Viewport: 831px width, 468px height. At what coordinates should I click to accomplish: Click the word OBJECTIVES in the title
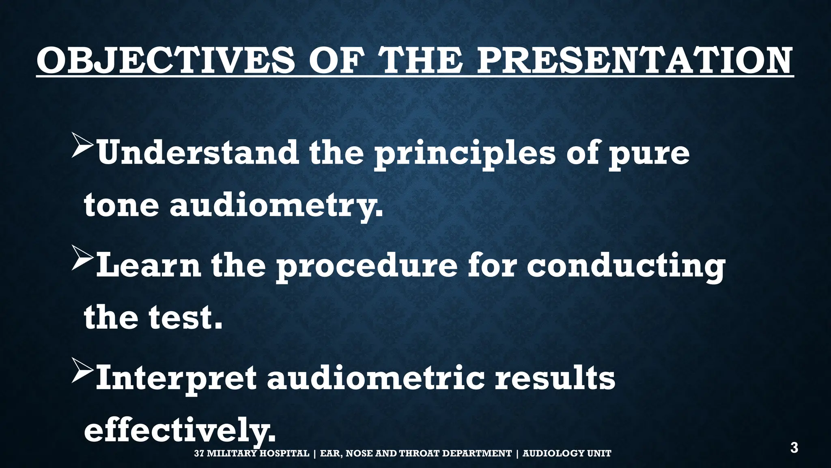165,61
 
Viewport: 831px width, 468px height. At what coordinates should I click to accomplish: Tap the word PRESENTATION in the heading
634,61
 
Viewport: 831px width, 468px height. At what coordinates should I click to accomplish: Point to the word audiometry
276,205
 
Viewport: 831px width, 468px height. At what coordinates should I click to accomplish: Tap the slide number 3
794,448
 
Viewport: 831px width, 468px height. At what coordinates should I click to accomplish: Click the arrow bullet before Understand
83,145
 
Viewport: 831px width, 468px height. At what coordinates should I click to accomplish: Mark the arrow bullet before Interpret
83,370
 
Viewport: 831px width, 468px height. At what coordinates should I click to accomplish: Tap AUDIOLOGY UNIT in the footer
566,453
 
